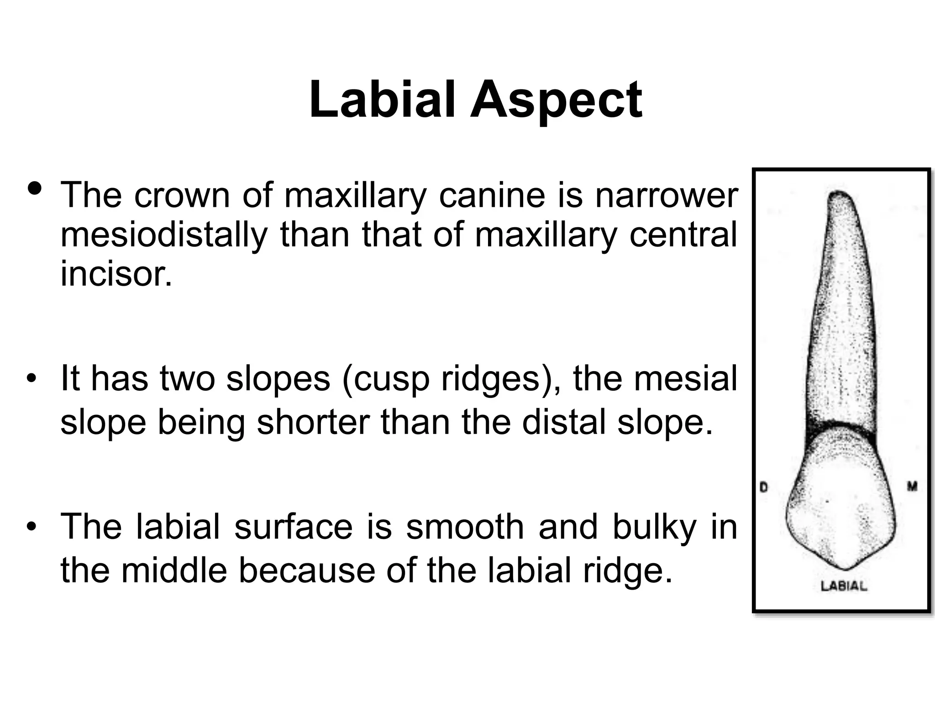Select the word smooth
tap(466, 527)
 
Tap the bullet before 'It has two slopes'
tap(31, 380)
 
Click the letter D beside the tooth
tap(763, 487)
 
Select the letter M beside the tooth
tap(912, 487)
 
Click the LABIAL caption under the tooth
tap(843, 586)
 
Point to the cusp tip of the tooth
tap(845, 569)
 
